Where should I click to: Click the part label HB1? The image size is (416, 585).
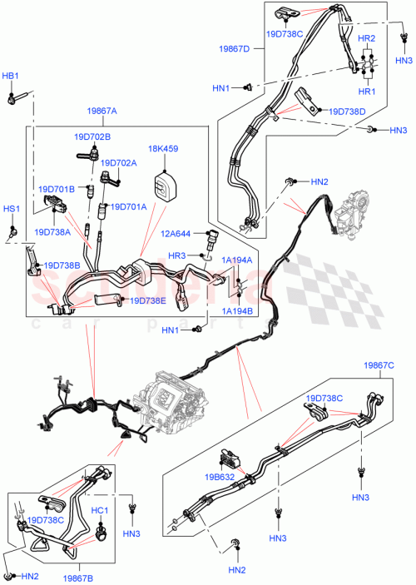10,77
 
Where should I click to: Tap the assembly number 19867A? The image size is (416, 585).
101,111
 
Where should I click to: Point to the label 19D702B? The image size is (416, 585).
93,136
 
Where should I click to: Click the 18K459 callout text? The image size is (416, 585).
162,149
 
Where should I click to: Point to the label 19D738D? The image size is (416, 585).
347,111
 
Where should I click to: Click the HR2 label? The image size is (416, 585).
366,39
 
